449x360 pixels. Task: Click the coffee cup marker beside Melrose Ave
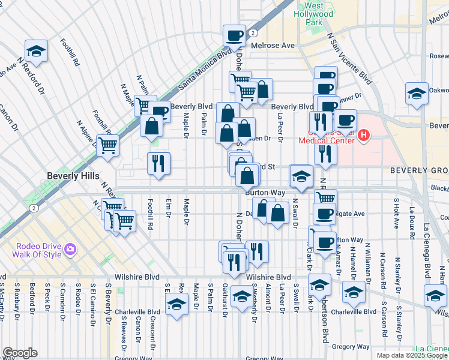(x=235, y=35)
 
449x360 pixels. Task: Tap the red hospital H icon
(x=363, y=136)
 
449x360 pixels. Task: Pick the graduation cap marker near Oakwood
(x=416, y=94)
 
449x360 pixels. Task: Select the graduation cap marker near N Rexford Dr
(x=36, y=52)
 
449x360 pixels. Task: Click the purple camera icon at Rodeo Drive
(x=70, y=249)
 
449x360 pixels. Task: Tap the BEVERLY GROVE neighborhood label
(x=419, y=170)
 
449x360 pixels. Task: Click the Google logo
(x=19, y=353)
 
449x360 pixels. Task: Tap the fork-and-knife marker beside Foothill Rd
(x=158, y=163)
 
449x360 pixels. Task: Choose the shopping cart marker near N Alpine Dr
(x=107, y=145)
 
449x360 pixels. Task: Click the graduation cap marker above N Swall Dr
(x=301, y=176)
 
